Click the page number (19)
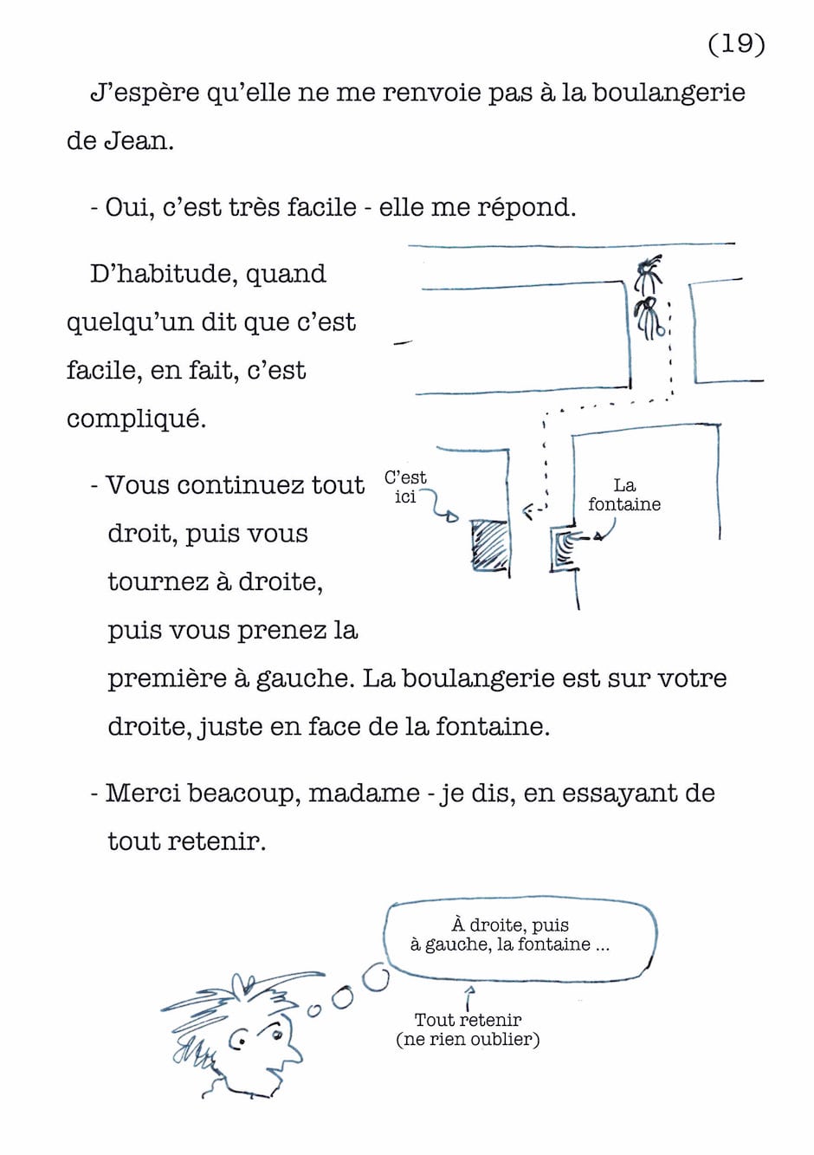tap(736, 43)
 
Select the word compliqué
tap(136, 419)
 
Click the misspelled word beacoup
tap(242, 793)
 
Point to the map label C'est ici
tap(405, 487)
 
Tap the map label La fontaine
tap(623, 495)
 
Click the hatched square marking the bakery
tap(489, 545)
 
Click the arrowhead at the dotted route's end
tap(527, 512)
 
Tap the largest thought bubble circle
tap(376, 978)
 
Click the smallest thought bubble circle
tap(314, 1009)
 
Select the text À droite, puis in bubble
tap(510, 925)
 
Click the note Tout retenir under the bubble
tap(468, 1020)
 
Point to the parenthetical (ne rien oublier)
tap(468, 1039)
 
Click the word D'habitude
tap(142, 274)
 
